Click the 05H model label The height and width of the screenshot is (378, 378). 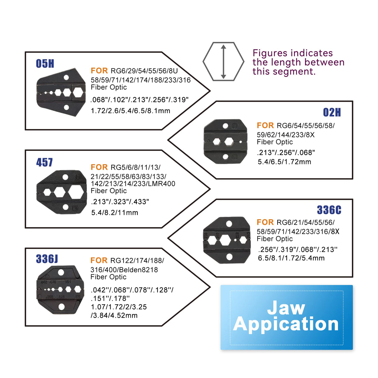click(x=45, y=64)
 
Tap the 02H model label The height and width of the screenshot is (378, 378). click(x=332, y=112)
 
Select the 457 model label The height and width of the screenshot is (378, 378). click(x=44, y=163)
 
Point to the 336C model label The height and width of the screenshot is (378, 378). click(x=329, y=210)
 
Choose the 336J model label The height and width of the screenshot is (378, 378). click(x=47, y=259)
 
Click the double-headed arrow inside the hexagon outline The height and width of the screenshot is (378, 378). click(x=223, y=62)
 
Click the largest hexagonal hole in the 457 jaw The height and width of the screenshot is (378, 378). click(x=76, y=192)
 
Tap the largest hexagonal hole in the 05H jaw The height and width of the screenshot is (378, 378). click(x=78, y=92)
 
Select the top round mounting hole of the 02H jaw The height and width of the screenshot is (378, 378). click(x=226, y=126)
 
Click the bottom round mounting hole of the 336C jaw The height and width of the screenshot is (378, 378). click(x=229, y=257)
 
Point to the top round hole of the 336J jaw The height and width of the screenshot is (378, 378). click(x=61, y=272)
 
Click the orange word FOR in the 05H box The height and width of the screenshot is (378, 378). click(x=99, y=71)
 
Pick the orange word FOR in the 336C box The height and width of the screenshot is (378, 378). click(x=265, y=222)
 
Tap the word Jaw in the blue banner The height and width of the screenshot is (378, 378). click(x=286, y=308)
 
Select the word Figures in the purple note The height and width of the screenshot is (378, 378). click(x=271, y=53)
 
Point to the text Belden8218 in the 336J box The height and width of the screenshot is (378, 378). click(x=138, y=270)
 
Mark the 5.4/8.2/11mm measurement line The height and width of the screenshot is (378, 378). click(x=115, y=213)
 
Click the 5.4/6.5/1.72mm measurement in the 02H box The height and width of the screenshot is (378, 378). click(x=284, y=162)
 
